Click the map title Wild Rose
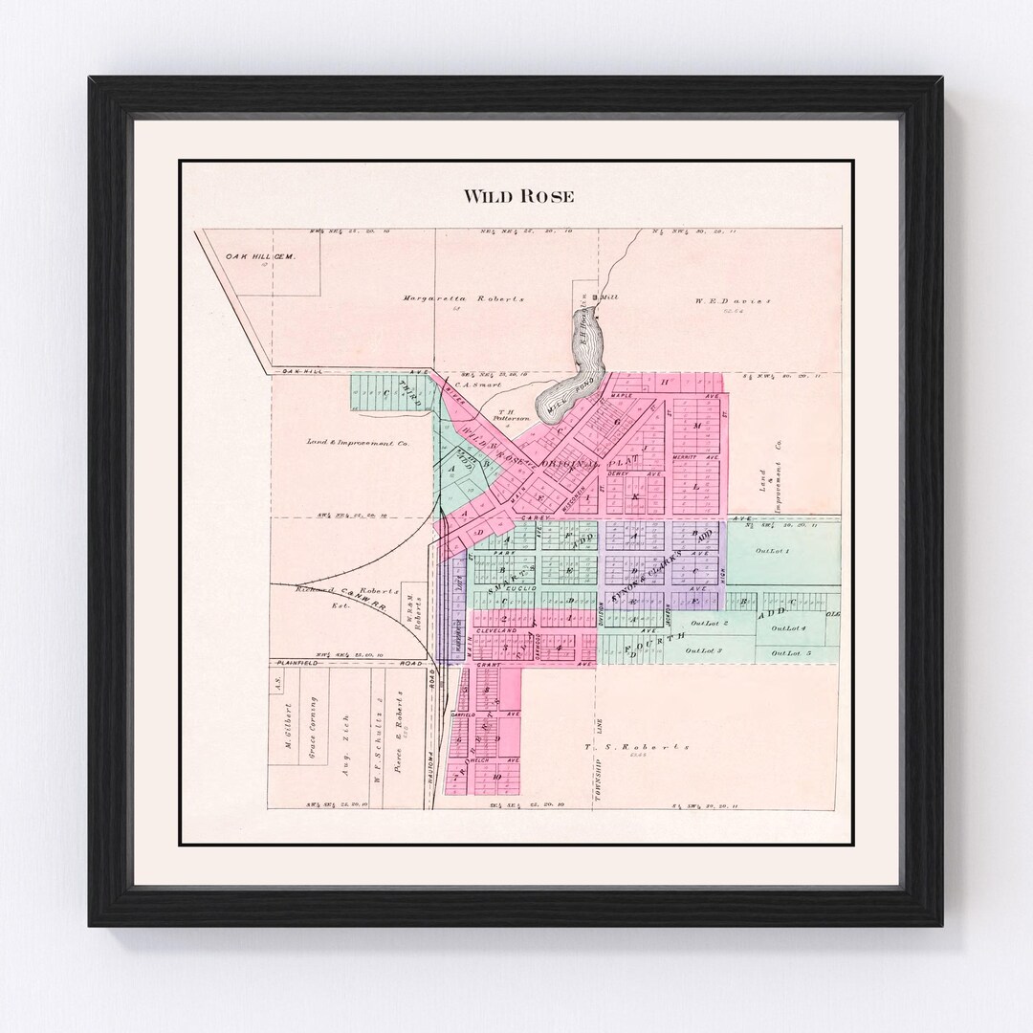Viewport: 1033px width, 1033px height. coord(518,196)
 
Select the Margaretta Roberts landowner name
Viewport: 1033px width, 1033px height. coord(463,298)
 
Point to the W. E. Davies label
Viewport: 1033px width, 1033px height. coord(733,300)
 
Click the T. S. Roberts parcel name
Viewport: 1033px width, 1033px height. coord(636,747)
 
